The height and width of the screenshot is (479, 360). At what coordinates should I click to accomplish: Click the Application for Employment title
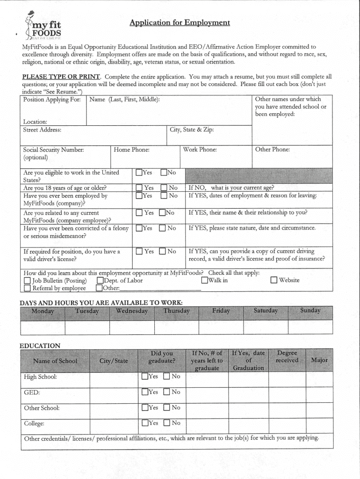[180, 22]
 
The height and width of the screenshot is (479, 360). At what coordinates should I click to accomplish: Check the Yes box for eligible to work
[139, 172]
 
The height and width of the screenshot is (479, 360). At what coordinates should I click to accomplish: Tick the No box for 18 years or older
[164, 188]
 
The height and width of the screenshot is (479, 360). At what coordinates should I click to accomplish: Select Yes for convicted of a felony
[139, 228]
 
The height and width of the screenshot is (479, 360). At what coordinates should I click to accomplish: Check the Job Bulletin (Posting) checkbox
[27, 281]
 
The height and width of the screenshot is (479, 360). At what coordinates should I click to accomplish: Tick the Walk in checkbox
[204, 281]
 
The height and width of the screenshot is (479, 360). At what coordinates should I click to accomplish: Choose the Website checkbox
[274, 281]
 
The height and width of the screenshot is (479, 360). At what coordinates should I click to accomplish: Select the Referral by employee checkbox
[27, 288]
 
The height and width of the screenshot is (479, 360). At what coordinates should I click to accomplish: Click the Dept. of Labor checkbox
[99, 281]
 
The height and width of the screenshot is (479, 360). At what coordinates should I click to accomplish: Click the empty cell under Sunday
[310, 327]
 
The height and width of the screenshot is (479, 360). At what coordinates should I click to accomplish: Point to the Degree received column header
[287, 356]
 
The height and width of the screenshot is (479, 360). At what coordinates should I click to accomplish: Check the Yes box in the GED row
[145, 392]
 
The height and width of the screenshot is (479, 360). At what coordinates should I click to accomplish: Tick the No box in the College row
[167, 423]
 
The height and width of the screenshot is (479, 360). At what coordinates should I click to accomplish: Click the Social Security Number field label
[53, 150]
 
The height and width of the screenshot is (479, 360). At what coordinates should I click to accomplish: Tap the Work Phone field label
[200, 150]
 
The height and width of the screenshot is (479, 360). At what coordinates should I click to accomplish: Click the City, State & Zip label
[192, 130]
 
